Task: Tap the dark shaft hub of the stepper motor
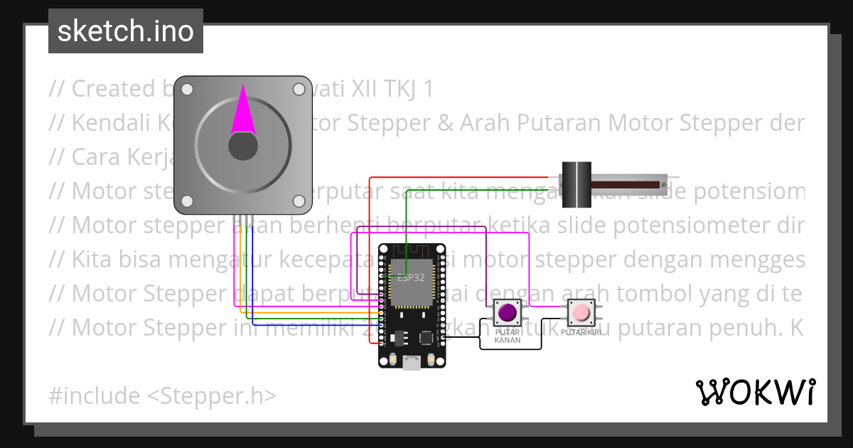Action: coord(242,146)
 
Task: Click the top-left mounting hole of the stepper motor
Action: coord(187,90)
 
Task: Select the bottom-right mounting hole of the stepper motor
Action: coord(299,202)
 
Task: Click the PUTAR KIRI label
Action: coord(581,332)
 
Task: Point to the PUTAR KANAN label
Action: coord(508,336)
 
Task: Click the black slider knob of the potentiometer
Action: coord(576,185)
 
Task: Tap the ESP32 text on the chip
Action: coord(411,277)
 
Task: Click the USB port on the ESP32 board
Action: coord(411,363)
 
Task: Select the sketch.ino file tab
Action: coord(126,31)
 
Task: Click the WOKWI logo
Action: coord(755,392)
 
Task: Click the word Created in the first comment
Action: coord(113,89)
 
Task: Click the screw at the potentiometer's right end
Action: coord(662,186)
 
